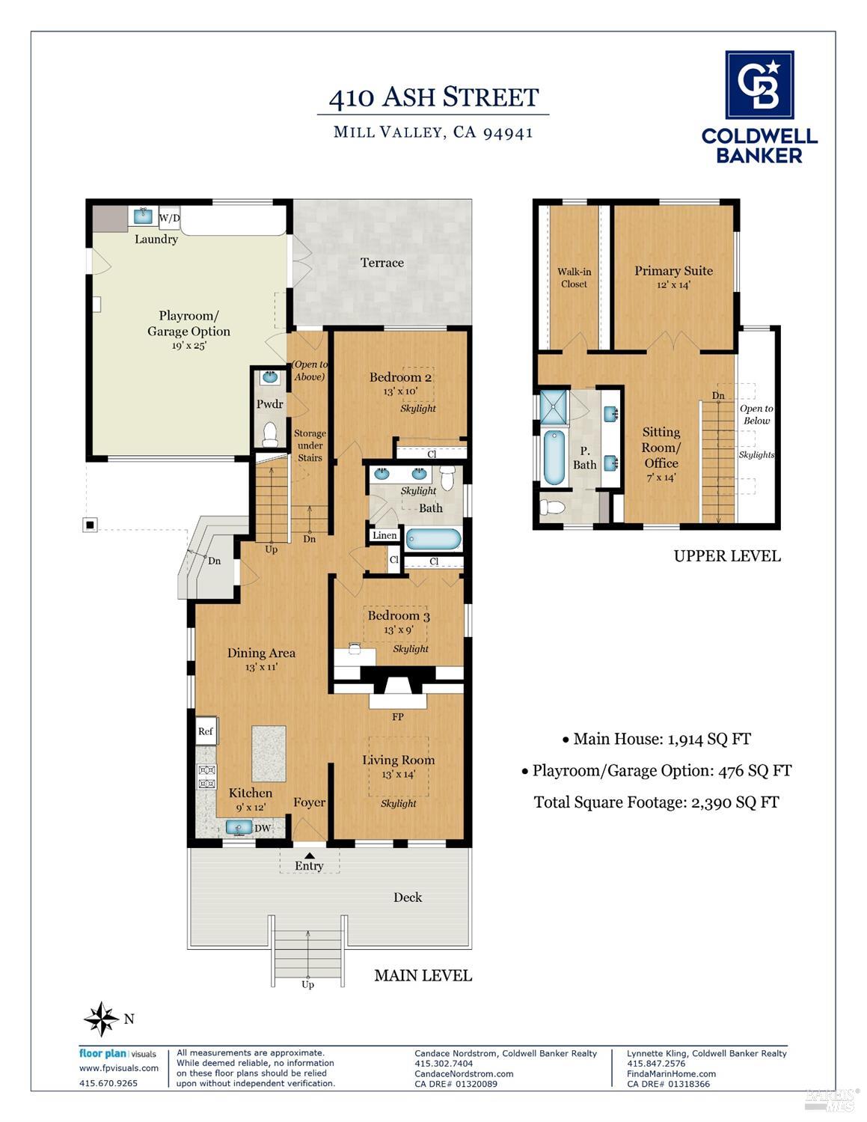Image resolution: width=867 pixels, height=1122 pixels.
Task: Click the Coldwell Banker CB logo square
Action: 759,85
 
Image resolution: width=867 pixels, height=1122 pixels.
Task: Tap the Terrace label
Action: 382,263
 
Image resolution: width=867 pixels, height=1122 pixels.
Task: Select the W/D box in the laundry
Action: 169,217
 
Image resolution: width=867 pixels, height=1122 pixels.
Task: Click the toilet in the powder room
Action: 270,434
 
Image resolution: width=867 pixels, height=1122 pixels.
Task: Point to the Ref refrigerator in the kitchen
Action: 206,731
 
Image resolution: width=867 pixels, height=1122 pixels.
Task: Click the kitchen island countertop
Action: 269,754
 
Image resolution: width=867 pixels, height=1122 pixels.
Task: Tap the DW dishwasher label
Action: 263,828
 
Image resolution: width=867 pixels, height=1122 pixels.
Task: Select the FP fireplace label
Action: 398,716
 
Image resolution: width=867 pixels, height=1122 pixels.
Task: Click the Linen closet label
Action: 385,535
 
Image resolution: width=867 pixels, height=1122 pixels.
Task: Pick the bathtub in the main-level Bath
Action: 434,540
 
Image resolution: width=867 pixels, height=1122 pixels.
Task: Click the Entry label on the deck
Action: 309,866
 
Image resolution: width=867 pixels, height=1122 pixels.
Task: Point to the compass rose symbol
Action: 102,1019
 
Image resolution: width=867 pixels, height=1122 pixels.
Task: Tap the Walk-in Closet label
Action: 575,278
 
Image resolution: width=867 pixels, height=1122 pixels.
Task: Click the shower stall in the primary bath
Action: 554,407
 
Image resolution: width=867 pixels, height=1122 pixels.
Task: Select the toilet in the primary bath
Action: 552,507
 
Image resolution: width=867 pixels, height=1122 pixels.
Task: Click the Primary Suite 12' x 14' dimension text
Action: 673,284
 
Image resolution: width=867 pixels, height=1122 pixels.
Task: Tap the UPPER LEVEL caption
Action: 727,557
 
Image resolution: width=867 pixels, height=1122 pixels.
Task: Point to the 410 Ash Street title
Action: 434,97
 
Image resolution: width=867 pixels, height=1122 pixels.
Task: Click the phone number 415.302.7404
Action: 444,1063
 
